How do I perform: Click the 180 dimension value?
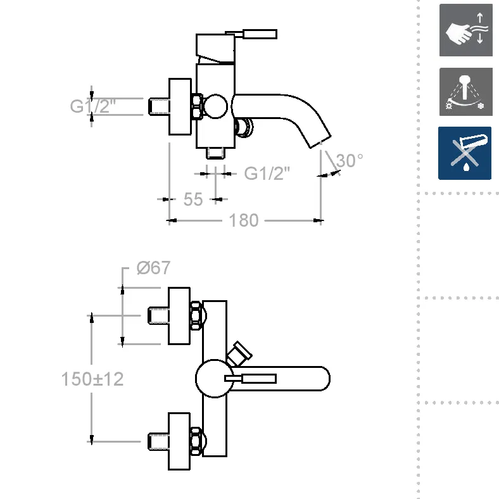point(244,220)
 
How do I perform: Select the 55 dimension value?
point(193,199)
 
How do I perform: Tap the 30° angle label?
point(350,161)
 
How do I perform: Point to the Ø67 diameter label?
point(153,268)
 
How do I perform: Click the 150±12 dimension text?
point(92,379)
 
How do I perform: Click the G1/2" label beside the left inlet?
point(91,106)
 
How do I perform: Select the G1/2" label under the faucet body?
point(267,173)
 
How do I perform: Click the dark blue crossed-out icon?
point(465,153)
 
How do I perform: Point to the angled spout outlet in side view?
point(320,140)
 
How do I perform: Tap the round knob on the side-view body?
point(215,106)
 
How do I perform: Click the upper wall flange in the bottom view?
point(179,316)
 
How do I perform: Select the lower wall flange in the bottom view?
point(179,441)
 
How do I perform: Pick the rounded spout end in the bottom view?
point(320,379)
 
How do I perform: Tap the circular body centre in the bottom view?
point(213,379)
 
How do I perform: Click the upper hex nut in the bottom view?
point(197,315)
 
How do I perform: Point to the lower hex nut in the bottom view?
point(197,441)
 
